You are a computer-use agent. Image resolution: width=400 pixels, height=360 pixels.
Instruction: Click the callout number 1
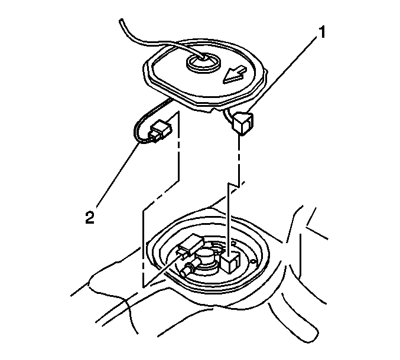(x=323, y=32)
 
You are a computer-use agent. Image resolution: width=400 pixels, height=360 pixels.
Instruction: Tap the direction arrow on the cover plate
(x=235, y=75)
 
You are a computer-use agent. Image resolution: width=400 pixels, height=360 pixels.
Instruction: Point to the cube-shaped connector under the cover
(x=243, y=123)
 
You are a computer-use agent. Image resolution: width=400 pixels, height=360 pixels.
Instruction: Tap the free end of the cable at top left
(x=122, y=21)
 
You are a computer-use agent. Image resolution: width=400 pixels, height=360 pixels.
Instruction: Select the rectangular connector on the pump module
(x=190, y=245)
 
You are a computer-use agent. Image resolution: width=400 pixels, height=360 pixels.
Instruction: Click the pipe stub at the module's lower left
(x=187, y=271)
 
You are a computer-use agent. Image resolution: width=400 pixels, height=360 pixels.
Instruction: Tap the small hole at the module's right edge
(x=252, y=261)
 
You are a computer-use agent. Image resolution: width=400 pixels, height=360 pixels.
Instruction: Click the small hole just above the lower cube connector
(x=233, y=243)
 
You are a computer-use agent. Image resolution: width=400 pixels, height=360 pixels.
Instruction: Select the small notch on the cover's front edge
(x=214, y=110)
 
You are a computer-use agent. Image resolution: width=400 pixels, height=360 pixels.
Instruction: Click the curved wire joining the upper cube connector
(x=228, y=115)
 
